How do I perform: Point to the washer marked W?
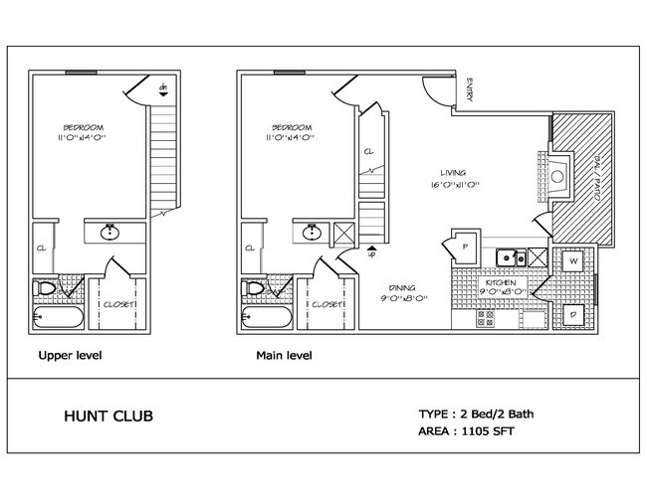pyautogui.click(x=574, y=261)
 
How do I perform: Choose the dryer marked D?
pyautogui.click(x=574, y=315)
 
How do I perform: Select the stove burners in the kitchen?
pyautogui.click(x=487, y=319)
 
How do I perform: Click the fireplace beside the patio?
pyautogui.click(x=557, y=177)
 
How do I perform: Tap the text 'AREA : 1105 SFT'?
pyautogui.click(x=473, y=432)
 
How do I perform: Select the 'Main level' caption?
pyautogui.click(x=285, y=355)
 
